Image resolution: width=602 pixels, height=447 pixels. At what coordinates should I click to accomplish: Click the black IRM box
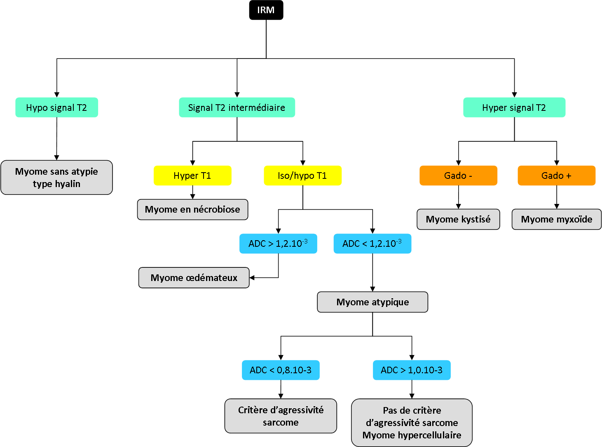266,10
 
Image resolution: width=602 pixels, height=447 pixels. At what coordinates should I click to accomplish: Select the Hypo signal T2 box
57,108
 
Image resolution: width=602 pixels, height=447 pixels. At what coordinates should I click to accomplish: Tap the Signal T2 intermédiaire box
237,108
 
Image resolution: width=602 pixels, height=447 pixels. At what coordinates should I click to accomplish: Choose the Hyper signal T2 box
514,108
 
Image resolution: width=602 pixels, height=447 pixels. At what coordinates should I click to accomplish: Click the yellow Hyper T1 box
192,176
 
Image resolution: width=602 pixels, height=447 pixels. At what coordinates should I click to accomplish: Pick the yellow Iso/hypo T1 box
302,176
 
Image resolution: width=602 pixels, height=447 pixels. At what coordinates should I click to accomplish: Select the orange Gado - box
458,176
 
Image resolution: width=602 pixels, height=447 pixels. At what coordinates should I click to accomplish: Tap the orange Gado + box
556,176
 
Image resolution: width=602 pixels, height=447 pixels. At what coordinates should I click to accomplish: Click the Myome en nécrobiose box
192,209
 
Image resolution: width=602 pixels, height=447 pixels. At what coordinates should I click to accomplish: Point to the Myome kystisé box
458,219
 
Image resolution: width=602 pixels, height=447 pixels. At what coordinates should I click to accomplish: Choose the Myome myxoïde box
556,219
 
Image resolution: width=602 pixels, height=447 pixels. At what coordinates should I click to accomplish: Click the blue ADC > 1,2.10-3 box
278,243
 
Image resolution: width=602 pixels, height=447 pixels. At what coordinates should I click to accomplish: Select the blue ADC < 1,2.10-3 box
372,243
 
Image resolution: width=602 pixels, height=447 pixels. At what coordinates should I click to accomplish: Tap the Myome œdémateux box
194,278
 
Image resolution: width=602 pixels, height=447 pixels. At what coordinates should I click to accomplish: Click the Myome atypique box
372,302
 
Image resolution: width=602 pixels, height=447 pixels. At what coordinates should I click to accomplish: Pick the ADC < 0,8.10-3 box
281,370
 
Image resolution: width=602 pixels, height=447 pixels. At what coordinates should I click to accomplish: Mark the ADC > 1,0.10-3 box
412,370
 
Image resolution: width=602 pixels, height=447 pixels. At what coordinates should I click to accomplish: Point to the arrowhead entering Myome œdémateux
252,278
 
